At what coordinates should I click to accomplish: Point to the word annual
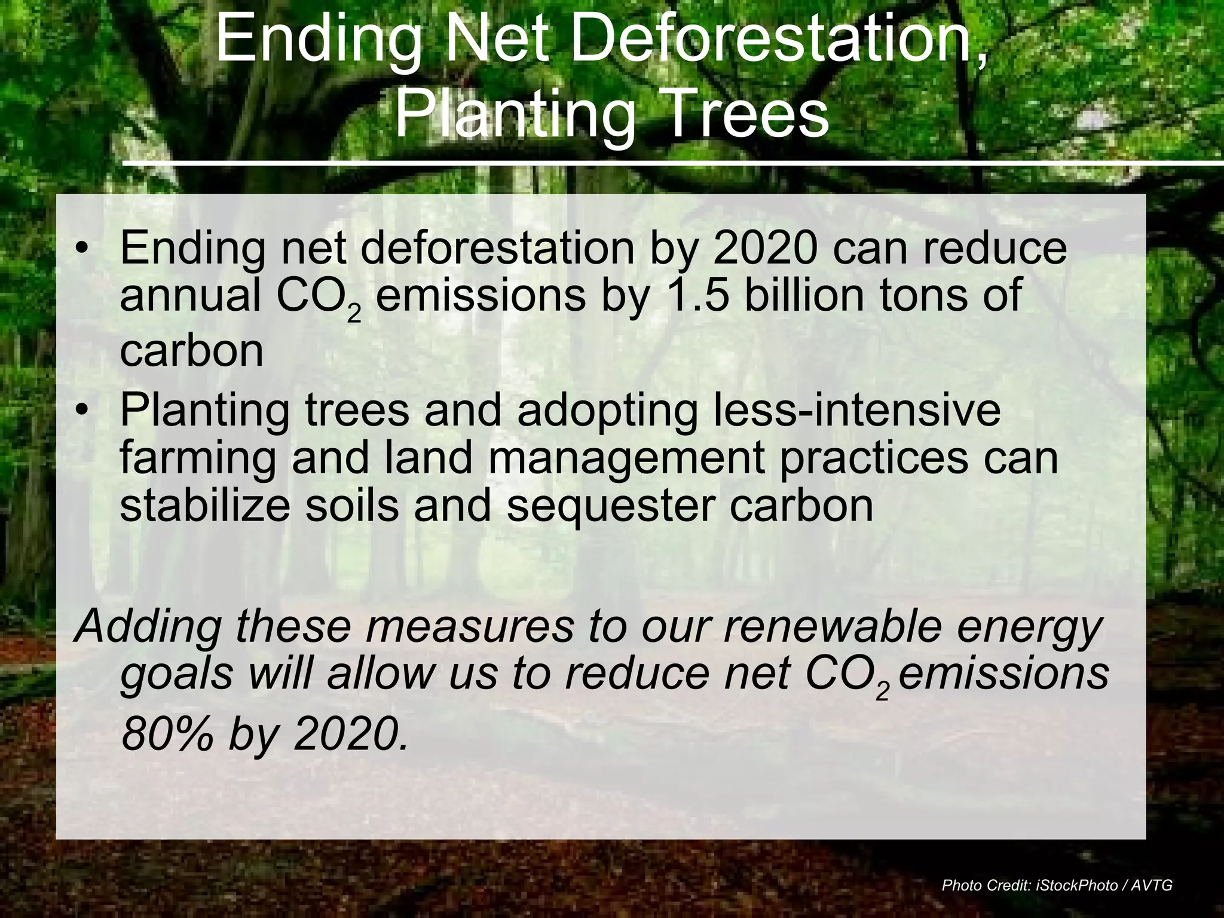coord(190,295)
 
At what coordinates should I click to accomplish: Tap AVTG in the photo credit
coord(1155,885)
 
